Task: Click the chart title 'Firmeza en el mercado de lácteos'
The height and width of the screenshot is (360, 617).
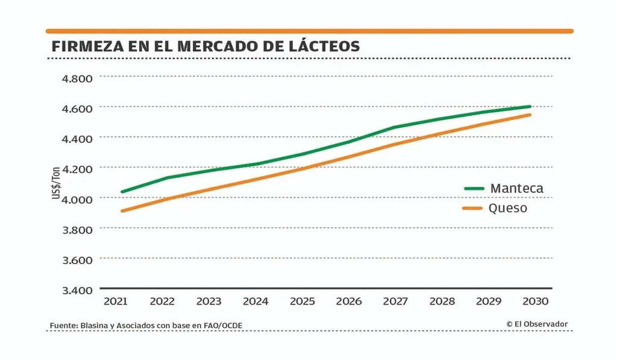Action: [205, 46]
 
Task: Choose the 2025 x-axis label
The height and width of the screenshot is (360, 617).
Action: [302, 301]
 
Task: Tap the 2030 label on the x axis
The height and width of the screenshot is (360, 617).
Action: [534, 301]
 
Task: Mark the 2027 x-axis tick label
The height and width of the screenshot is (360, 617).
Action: [395, 301]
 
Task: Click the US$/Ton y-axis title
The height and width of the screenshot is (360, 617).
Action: [56, 183]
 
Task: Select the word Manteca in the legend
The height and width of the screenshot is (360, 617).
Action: [516, 188]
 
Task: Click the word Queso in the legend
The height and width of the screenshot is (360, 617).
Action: [509, 208]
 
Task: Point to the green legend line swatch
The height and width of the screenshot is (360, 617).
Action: [474, 188]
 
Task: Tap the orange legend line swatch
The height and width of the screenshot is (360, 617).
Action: [474, 208]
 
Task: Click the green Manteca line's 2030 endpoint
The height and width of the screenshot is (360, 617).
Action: [530, 107]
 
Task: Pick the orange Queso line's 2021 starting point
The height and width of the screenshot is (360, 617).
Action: [122, 211]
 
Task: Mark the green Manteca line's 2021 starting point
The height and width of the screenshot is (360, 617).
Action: [122, 192]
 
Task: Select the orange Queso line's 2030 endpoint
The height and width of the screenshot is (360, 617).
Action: [530, 115]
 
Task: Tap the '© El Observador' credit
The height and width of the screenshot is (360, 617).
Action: [537, 324]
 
